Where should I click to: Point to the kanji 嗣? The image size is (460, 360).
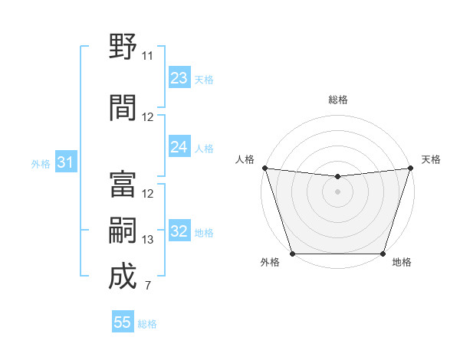point(123,231)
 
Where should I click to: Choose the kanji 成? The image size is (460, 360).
point(123,277)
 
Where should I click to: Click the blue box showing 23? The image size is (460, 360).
point(179,78)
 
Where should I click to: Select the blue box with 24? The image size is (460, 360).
point(179,147)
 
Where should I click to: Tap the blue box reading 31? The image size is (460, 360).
point(66,162)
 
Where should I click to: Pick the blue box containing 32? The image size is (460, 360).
point(179,231)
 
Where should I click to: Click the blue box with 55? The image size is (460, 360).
point(123,322)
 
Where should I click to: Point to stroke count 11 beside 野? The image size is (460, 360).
point(148,55)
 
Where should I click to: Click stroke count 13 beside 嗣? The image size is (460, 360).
point(148,240)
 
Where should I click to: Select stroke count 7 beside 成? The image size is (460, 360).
point(148,286)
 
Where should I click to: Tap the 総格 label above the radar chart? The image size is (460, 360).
point(338,100)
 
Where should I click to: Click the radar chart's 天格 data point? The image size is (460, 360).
point(411,168)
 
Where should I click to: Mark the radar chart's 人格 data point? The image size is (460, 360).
point(264,168)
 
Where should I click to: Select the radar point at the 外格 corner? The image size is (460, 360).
point(293,254)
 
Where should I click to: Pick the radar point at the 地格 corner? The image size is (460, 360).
point(383,254)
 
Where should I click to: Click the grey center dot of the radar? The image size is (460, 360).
point(337,191)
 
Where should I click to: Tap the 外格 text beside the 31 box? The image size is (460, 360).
point(40,163)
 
